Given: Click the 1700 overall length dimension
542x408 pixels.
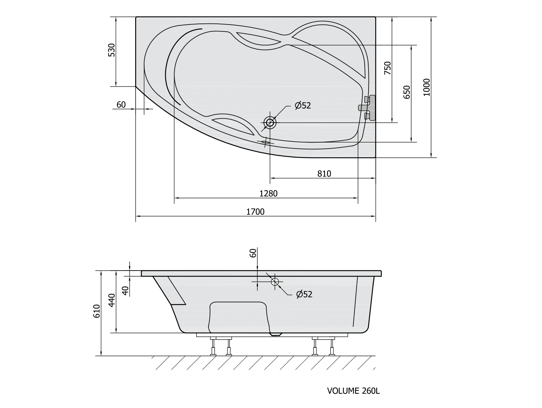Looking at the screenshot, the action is [255, 212].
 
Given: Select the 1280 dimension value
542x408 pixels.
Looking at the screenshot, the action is [268, 193].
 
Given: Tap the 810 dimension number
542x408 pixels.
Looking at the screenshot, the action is [324, 174].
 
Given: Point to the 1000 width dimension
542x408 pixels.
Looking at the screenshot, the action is [426, 87].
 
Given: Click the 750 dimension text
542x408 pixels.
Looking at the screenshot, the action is [388, 68].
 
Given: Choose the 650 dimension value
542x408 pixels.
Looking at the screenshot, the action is [407, 92].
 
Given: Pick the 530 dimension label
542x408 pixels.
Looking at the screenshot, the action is [112, 50].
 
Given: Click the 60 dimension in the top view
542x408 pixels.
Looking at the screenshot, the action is [121, 105].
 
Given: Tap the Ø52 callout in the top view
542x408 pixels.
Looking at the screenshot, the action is [303, 105].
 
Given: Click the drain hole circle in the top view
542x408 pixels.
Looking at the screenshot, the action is [270, 123].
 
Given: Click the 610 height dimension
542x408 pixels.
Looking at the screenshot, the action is [96, 311].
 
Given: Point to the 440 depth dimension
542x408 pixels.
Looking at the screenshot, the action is [112, 300].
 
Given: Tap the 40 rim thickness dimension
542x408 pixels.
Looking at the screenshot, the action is [125, 291].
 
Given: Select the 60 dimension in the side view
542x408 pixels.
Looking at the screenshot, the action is [253, 253].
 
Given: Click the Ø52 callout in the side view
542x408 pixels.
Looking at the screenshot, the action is [304, 294].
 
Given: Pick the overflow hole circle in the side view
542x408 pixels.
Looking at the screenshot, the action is [275, 281].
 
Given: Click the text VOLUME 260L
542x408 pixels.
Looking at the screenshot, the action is [353, 391].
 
